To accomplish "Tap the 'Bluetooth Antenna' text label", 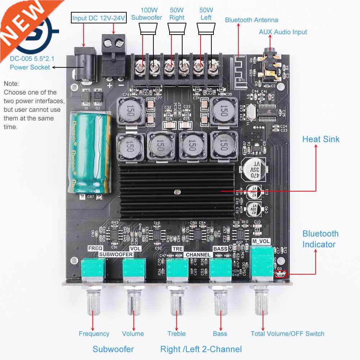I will [251, 20].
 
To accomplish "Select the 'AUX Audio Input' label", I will [283, 32].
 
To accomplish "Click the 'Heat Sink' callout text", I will [320, 139].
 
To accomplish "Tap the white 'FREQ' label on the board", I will [95, 248].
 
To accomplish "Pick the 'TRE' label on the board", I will [177, 249].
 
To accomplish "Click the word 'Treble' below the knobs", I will [176, 334].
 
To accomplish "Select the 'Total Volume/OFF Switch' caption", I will [287, 334].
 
